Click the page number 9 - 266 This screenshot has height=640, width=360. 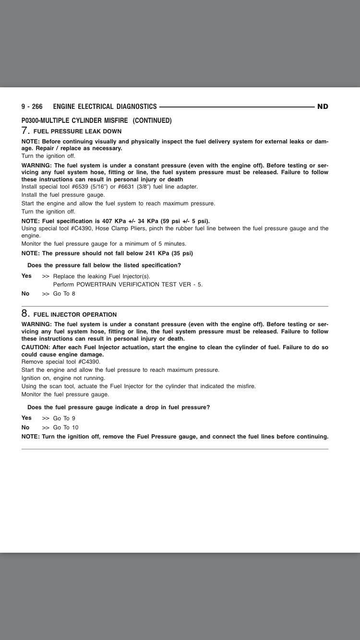coord(32,107)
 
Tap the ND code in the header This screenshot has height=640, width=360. coord(323,107)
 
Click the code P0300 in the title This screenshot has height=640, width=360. coord(32,120)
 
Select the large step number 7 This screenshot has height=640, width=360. coord(25,130)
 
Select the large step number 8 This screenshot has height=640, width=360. coord(25,314)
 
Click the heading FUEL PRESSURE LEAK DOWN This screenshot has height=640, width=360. coord(77,131)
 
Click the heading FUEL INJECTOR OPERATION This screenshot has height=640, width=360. coord(75,315)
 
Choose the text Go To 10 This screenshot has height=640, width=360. coord(66,427)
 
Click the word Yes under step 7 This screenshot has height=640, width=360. coord(26,276)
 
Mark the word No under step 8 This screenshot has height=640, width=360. coord(25,427)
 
